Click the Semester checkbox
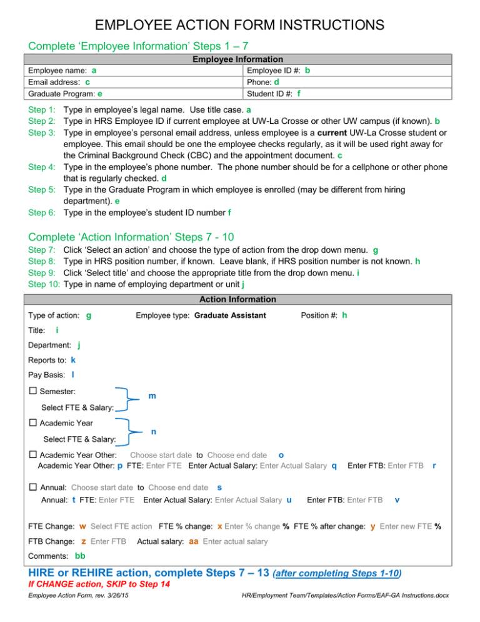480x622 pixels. tap(33, 391)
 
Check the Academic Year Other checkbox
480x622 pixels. tap(33, 454)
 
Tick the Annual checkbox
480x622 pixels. tap(33, 487)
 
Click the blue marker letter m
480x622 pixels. tap(152, 397)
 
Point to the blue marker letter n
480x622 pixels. tap(154, 432)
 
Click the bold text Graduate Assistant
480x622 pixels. tap(230, 315)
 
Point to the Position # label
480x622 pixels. tap(321, 315)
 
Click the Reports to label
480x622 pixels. tap(48, 360)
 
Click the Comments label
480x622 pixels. tap(49, 557)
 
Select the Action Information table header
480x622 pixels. tap(240, 299)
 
